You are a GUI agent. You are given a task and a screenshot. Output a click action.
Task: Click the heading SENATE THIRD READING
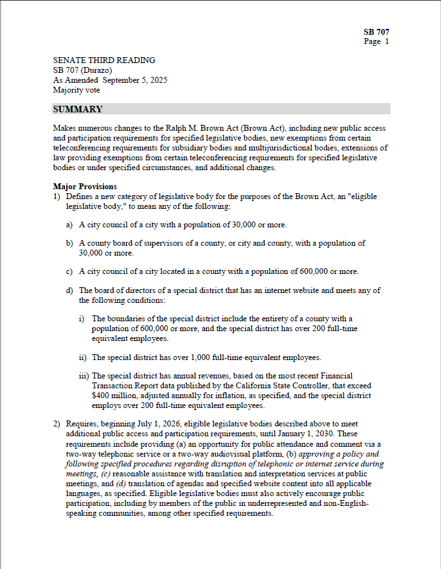pyautogui.click(x=104, y=60)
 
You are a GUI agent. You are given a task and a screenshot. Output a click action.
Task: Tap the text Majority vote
pyautogui.click(x=77, y=90)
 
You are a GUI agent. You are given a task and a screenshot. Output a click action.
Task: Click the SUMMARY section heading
pyautogui.click(x=77, y=109)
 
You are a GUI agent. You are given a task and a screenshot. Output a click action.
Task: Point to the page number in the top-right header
pyautogui.click(x=387, y=41)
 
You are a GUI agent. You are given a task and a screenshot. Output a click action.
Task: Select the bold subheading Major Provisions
pyautogui.click(x=85, y=187)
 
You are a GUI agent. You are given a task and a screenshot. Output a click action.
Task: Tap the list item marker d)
pyautogui.click(x=70, y=290)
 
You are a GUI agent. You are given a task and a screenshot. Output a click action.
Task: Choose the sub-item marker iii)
pyautogui.click(x=84, y=376)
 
